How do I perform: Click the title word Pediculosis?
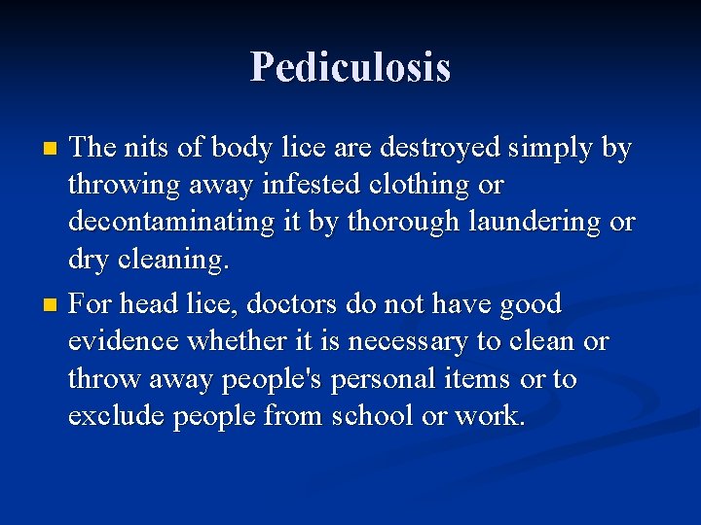click(x=350, y=67)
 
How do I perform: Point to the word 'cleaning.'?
click(x=177, y=260)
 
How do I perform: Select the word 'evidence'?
click(x=126, y=341)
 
